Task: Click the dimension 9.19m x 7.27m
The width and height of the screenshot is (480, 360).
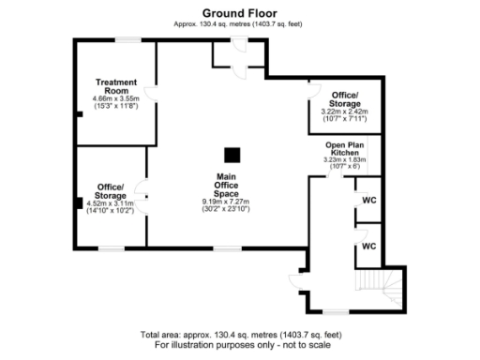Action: point(226,202)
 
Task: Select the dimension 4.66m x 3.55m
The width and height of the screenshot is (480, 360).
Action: point(115,98)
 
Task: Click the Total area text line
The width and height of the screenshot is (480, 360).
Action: point(240,335)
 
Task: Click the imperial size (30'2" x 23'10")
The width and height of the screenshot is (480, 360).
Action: point(226,210)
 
